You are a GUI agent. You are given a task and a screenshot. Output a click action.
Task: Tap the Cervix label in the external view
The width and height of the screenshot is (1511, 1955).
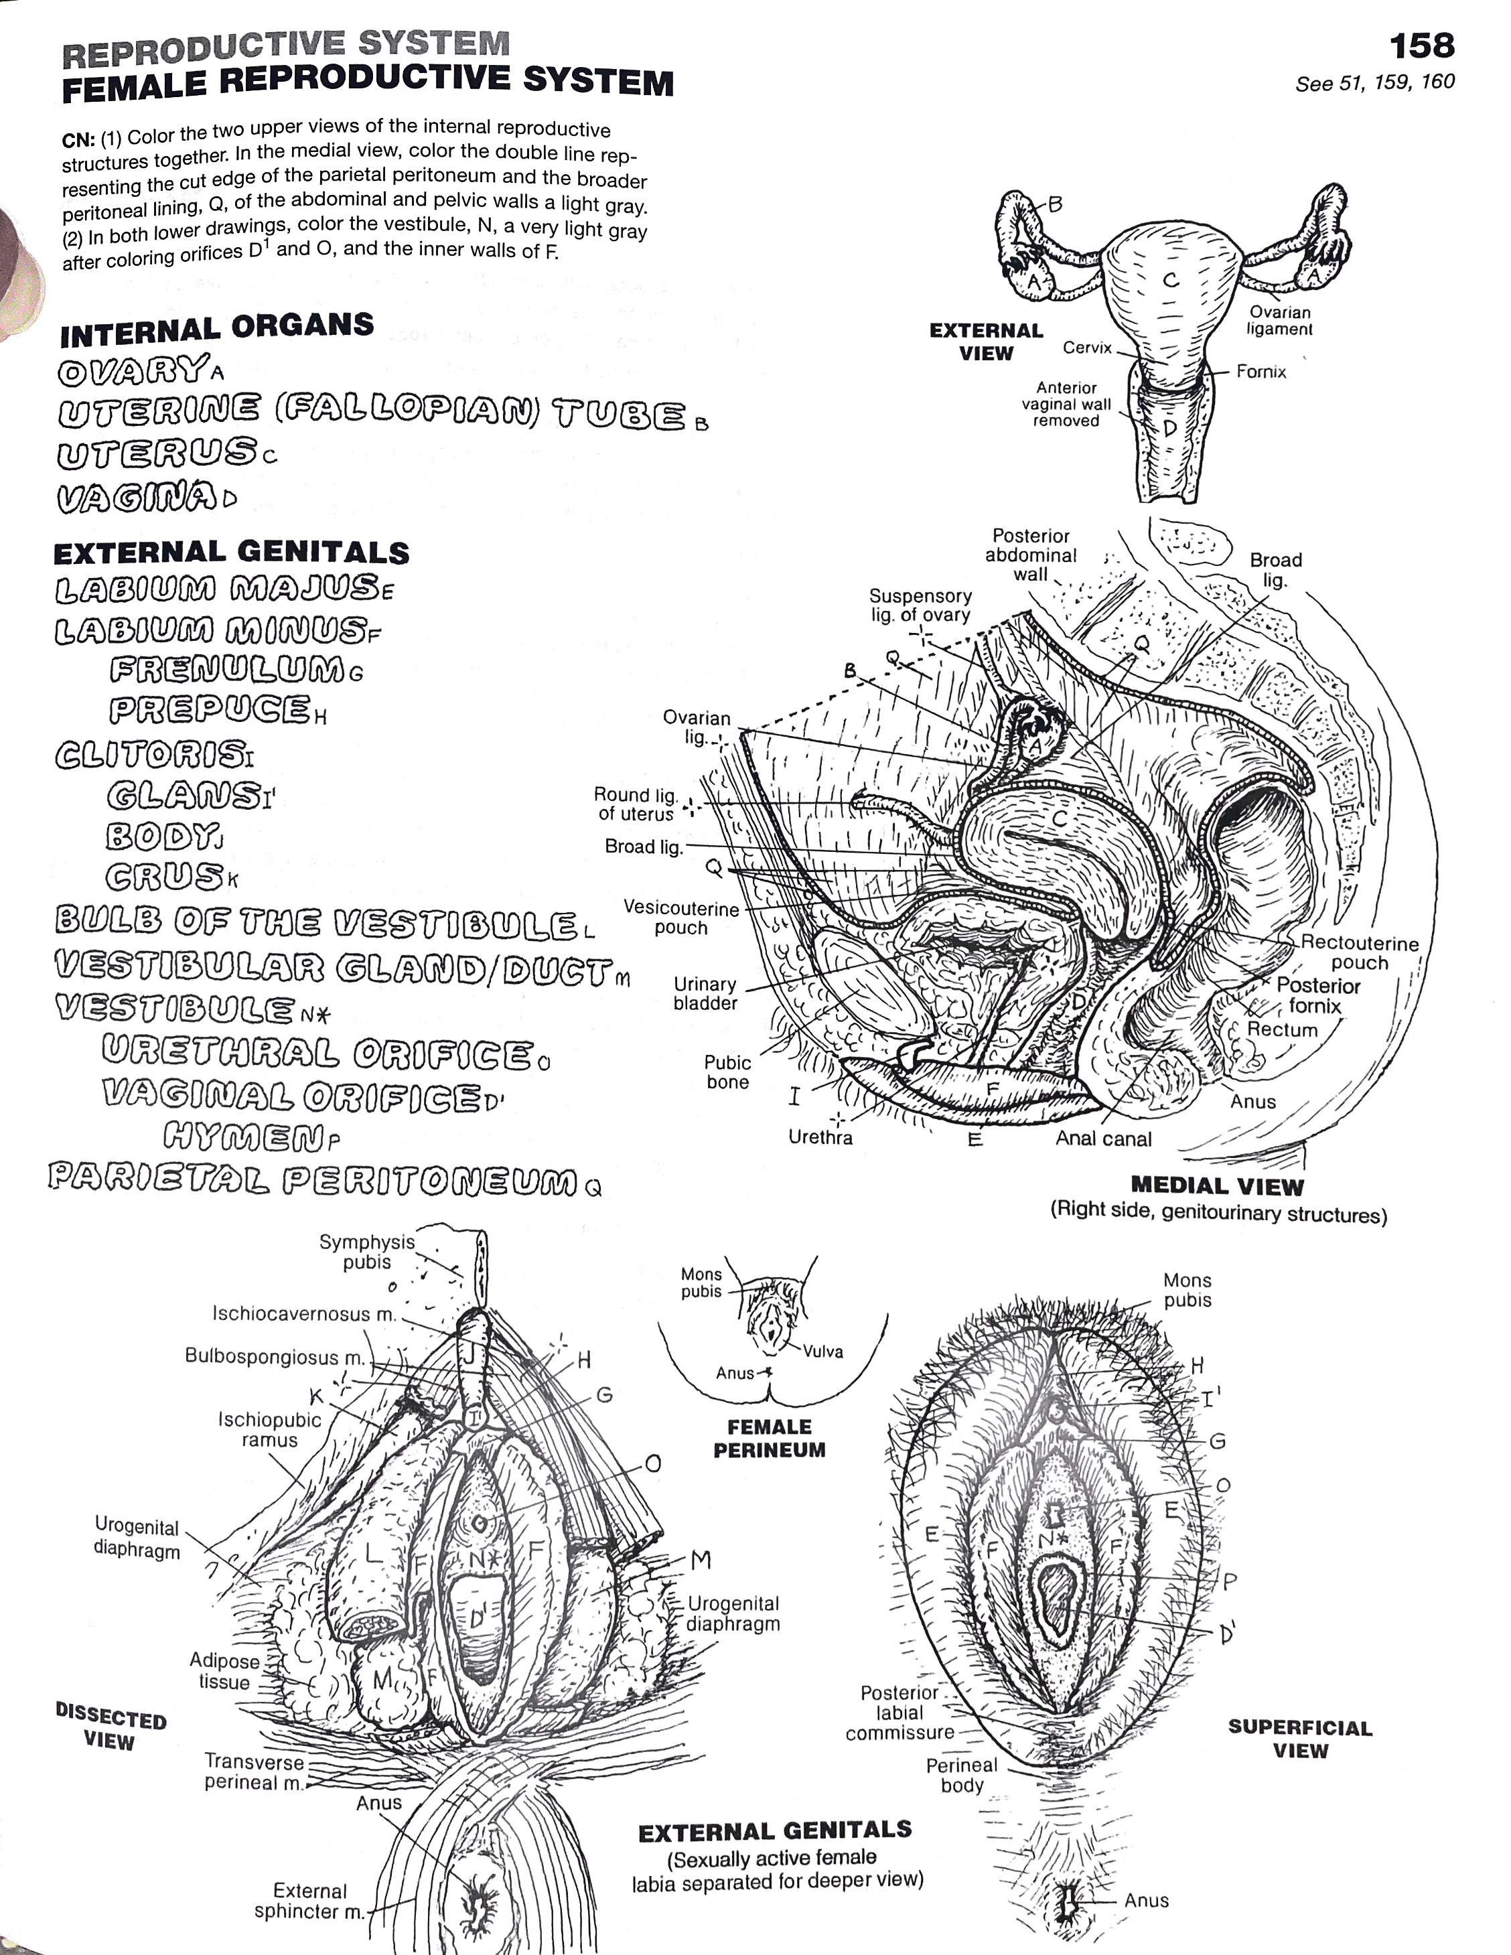point(1087,348)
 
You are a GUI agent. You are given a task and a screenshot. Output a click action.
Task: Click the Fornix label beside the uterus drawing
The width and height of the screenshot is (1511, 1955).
point(1261,372)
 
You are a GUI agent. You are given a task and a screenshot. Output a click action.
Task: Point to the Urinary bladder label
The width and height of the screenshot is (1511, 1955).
point(705,994)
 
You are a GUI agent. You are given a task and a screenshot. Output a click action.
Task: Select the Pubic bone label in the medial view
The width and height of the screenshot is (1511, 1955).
point(727,1072)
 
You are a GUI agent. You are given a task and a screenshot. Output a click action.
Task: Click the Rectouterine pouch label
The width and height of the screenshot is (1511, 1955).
point(1359,952)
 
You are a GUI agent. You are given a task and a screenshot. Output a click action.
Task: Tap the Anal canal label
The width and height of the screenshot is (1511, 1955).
point(1103,1139)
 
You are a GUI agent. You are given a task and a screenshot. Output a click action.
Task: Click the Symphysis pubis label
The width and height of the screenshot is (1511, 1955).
point(367,1251)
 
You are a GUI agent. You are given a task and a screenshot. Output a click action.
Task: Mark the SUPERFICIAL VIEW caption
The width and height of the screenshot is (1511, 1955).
point(1300,1739)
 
